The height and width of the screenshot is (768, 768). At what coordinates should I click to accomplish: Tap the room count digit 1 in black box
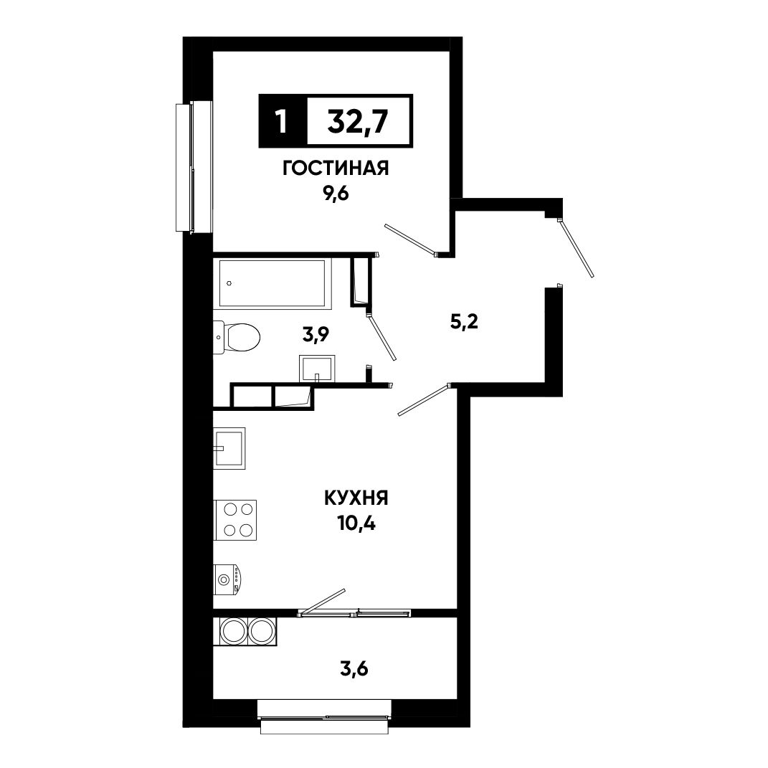(x=281, y=121)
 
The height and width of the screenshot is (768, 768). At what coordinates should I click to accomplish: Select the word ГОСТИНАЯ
(x=336, y=169)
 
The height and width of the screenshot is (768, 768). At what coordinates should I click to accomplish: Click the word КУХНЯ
(x=356, y=498)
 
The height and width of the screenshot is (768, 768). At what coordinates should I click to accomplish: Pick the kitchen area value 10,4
(x=356, y=524)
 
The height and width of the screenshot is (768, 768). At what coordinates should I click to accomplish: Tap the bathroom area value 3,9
(x=316, y=335)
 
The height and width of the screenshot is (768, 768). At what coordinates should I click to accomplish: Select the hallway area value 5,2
(x=464, y=322)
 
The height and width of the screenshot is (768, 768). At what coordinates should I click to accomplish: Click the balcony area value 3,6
(x=354, y=668)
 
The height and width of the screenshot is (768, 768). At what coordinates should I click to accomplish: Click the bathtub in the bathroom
(x=272, y=284)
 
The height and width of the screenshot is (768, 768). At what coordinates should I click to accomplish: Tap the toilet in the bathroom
(x=237, y=338)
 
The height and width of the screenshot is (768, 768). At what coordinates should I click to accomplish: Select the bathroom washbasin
(x=317, y=369)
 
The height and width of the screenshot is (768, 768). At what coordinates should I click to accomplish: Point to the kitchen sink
(x=229, y=448)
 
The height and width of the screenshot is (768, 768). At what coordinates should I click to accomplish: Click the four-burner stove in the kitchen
(x=235, y=520)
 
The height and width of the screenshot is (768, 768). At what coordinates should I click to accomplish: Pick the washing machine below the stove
(x=228, y=579)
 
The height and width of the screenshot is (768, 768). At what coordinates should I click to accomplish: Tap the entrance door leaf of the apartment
(x=577, y=250)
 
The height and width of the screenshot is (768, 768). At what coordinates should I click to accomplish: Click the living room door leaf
(x=410, y=240)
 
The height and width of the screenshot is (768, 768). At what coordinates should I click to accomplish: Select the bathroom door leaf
(x=381, y=338)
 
